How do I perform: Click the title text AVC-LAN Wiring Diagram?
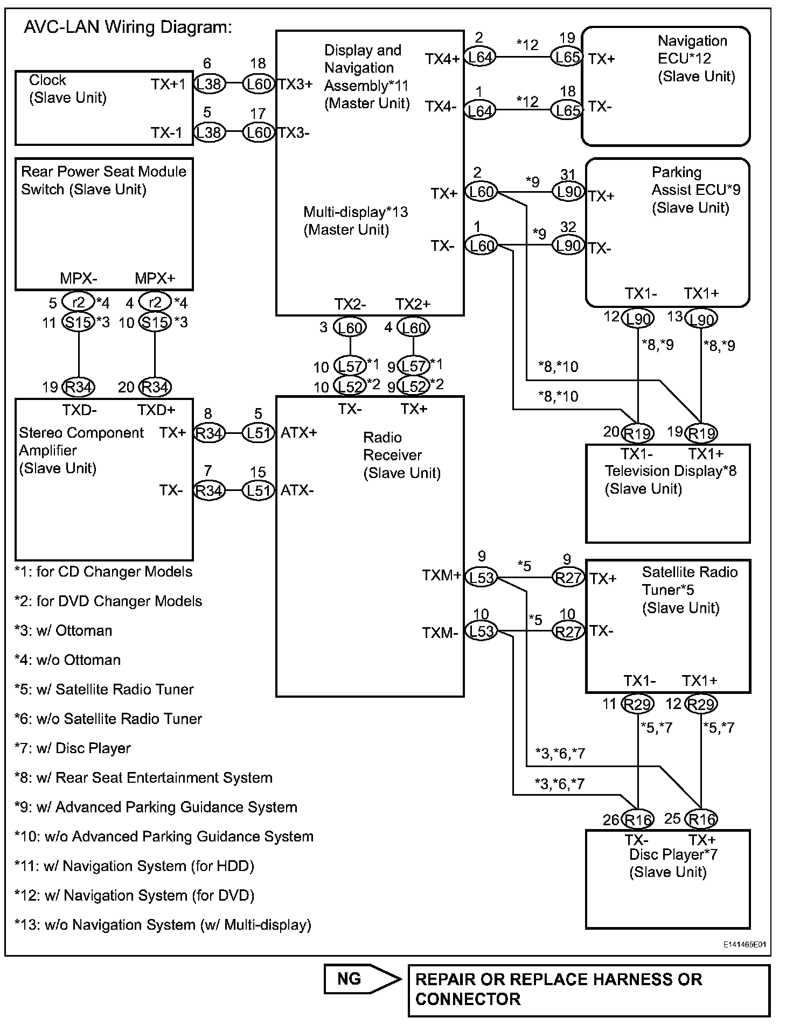pos(128,27)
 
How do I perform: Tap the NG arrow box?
pos(362,979)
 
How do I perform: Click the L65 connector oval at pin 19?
pos(567,57)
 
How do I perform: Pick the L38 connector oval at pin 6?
pos(209,83)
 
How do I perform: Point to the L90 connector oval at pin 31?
pos(568,192)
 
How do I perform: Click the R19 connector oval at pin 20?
pos(638,433)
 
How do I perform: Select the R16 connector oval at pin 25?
pos(701,819)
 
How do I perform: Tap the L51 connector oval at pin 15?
pos(259,490)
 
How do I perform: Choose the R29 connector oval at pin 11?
pos(638,704)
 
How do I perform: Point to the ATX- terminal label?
pos(297,490)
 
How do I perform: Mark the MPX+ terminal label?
pos(155,278)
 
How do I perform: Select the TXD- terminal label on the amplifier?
pos(80,410)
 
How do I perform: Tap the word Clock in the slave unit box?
pos(47,80)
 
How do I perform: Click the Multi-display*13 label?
pos(356,212)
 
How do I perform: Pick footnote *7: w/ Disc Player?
pos(72,748)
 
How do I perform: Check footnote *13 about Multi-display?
pos(163,925)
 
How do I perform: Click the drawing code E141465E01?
pos(745,944)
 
